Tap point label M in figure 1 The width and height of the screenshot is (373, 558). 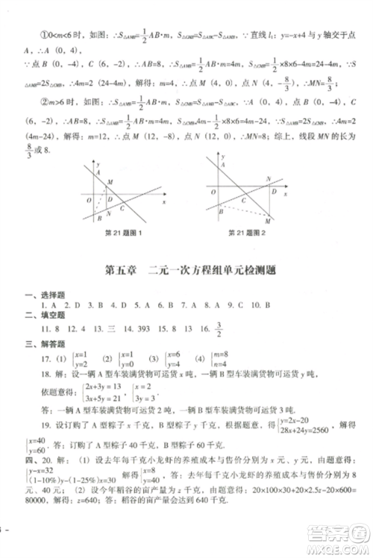point(111,182)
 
